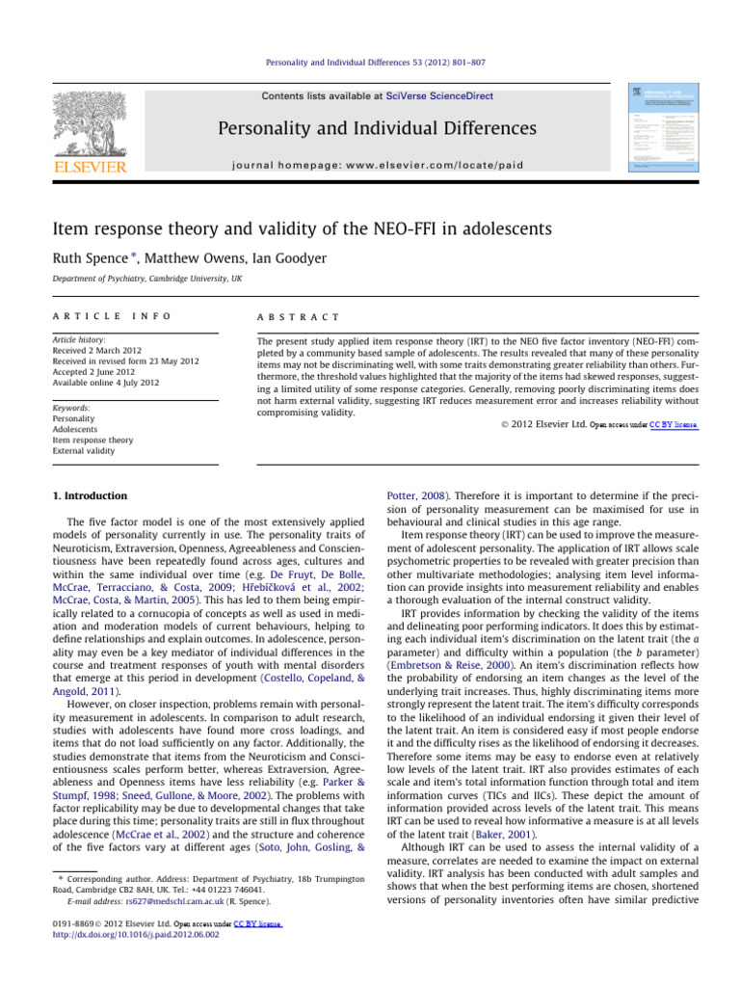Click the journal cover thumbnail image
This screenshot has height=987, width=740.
(667, 126)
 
